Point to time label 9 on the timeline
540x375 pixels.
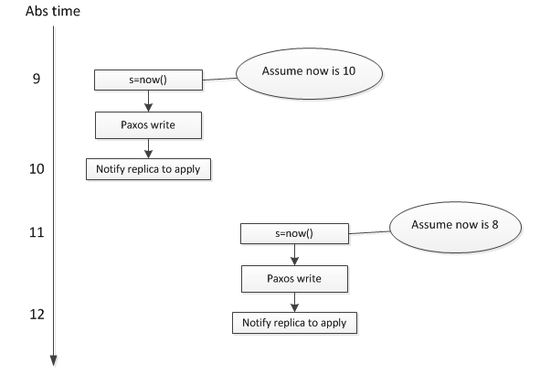36,80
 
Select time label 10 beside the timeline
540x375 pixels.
36,168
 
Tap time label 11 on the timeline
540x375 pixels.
36,233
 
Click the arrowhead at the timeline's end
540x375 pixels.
56,360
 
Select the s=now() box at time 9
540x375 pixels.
148,81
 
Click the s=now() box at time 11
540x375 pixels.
294,234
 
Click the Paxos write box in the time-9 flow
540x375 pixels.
148,123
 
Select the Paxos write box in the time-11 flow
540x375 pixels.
294,275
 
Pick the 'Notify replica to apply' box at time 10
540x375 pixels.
148,169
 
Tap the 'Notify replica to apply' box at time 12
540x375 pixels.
294,322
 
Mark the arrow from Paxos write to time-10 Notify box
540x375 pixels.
148,146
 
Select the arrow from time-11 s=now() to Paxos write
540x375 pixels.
294,253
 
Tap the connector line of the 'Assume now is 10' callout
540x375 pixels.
219,80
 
